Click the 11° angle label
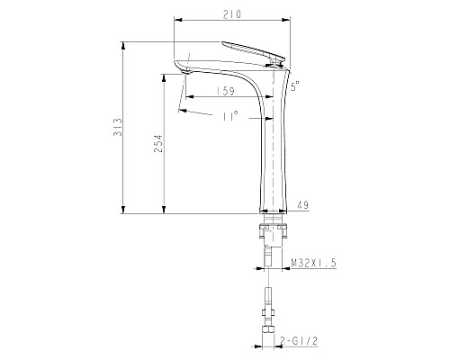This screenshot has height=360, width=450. pos(230,117)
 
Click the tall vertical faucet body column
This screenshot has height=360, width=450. pos(273,153)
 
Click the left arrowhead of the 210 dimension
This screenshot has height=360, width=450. pos(175,20)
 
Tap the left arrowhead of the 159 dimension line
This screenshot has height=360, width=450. pos(184,96)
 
